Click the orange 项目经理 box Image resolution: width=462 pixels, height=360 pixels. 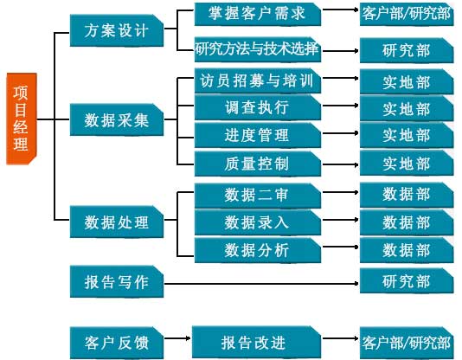point(22,119)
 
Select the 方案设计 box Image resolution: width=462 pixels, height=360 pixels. point(117,30)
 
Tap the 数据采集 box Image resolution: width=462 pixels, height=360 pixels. point(117,119)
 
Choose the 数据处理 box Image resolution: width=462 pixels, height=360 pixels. point(117,222)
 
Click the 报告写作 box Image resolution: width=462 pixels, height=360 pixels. point(117,281)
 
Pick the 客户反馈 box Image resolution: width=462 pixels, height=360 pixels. point(117,343)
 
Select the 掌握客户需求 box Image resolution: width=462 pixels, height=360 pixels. point(258,14)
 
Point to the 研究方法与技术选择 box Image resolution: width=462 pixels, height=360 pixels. point(258,49)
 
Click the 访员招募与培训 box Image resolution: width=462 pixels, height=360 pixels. point(258,80)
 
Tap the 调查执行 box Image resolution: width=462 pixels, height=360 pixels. point(258,107)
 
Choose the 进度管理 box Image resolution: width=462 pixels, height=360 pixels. point(258,135)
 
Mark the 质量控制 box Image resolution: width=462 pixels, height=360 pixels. point(258,164)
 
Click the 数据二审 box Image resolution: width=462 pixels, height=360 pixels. point(258,195)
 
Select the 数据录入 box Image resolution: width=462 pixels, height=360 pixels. point(258,222)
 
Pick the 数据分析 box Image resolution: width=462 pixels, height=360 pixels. point(258,250)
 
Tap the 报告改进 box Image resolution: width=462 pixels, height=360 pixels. point(256,343)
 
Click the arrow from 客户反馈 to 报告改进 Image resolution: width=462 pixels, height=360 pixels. point(177,338)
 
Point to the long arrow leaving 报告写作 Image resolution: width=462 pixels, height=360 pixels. point(261,283)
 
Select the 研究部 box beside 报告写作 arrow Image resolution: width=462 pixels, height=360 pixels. point(407,280)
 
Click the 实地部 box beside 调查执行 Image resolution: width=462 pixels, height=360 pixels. point(407,108)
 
